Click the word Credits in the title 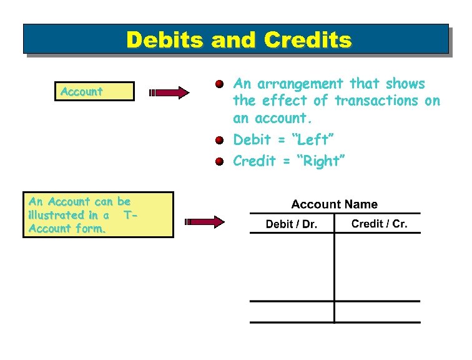pyautogui.click(x=308, y=40)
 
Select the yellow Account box pyautogui.click(x=96, y=91)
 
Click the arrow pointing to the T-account pyautogui.click(x=204, y=221)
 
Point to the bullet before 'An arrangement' pyautogui.click(x=219, y=84)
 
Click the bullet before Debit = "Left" pyautogui.click(x=219, y=140)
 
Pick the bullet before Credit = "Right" pyautogui.click(x=219, y=161)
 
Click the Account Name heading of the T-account pyautogui.click(x=334, y=204)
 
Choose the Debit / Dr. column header pyautogui.click(x=291, y=224)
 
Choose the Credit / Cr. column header pyautogui.click(x=379, y=224)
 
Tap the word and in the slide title pyautogui.click(x=238, y=40)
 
